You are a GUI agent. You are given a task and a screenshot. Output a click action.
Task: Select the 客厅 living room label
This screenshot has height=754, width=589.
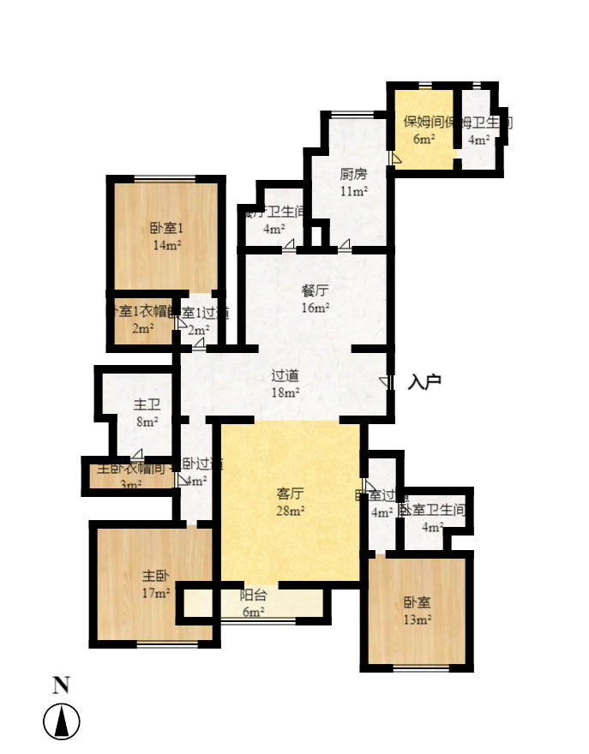(291, 494)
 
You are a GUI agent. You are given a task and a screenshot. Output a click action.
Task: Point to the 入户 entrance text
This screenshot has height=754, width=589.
(424, 382)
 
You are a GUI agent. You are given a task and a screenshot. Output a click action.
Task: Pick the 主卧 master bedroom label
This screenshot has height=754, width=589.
(155, 576)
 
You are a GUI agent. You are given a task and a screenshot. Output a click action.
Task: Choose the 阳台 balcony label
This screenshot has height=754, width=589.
(254, 595)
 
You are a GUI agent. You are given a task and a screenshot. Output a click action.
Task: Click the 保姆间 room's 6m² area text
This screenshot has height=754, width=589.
(424, 139)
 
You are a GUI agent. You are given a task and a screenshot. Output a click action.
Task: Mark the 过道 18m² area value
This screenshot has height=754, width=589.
(285, 393)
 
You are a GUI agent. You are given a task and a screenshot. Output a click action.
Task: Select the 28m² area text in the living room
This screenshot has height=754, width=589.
(291, 512)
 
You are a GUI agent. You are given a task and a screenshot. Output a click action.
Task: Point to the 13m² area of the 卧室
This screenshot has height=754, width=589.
(418, 619)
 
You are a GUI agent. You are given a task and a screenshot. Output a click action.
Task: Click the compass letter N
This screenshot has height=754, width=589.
(61, 685)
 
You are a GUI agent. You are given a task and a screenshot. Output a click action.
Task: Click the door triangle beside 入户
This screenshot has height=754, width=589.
(383, 381)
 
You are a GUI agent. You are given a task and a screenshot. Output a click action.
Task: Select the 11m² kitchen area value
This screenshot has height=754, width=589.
(353, 192)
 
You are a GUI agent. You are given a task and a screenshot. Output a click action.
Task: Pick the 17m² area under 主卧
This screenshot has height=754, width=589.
(155, 593)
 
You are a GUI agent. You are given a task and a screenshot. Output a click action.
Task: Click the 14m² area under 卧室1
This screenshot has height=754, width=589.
(167, 246)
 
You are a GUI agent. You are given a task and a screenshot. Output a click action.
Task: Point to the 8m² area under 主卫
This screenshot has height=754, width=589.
(147, 422)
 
